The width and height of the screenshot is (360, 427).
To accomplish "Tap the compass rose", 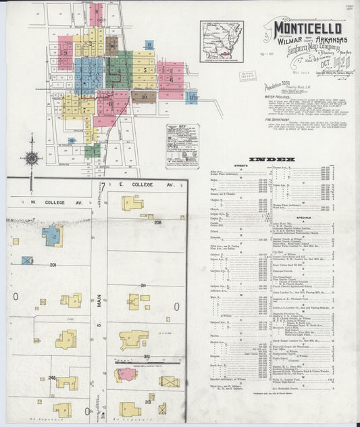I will pos(30,159).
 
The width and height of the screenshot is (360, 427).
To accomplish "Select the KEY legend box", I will pos(182,145).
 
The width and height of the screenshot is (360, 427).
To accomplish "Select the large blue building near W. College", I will pos(51,235).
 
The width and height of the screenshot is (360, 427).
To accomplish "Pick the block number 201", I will pos(53,265).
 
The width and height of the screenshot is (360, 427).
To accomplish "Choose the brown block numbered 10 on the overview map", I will pos(145,96).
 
